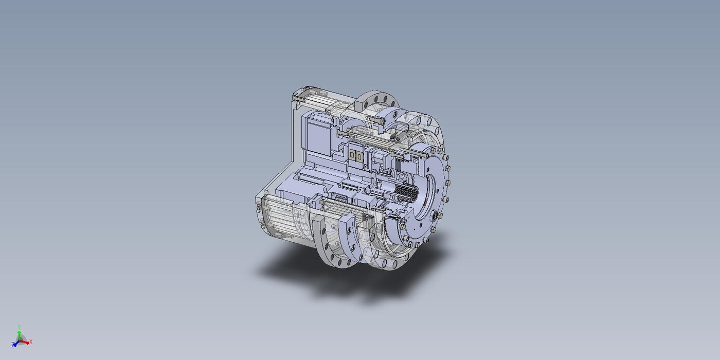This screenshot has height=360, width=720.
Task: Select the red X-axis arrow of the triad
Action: click(25, 342)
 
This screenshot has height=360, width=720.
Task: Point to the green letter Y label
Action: click(20, 327)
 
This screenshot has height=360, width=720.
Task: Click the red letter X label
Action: click(31, 341)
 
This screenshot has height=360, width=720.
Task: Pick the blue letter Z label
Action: click(13, 345)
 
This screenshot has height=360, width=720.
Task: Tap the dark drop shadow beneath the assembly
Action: click(347, 273)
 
